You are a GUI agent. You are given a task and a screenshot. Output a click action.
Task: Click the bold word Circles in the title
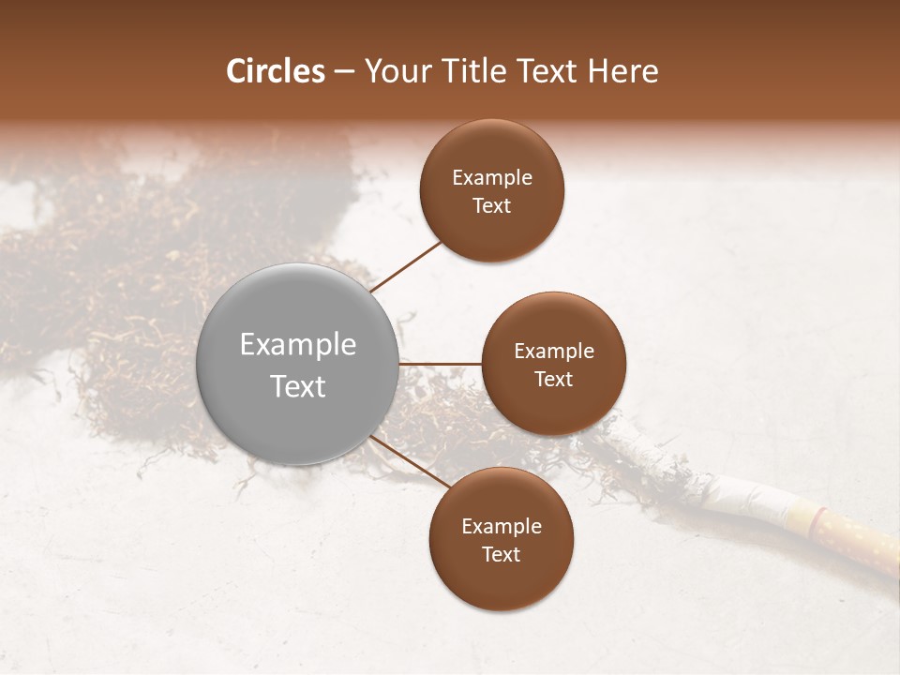coord(276,71)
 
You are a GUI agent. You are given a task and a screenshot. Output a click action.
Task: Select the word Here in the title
coord(622,71)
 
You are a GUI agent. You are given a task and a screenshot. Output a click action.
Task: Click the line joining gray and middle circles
coord(440,363)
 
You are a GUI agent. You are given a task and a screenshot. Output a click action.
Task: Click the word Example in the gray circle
coord(298,345)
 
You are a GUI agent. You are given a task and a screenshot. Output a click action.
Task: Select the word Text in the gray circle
coord(298,386)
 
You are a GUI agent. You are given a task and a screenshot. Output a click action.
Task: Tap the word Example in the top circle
coord(492,177)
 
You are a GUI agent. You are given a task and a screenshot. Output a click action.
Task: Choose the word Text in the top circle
coord(491,205)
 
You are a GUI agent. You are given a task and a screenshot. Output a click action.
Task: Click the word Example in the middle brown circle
coord(554,351)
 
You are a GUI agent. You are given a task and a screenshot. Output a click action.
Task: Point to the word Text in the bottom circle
coord(501,554)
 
